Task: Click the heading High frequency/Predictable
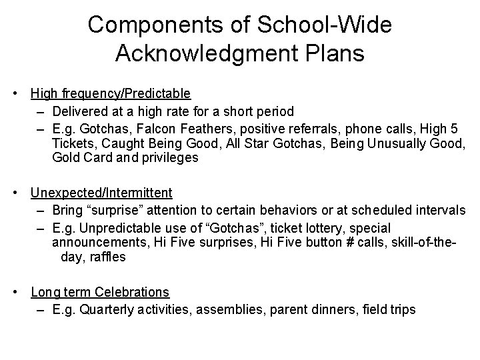(111, 93)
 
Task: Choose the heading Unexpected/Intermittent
(101, 193)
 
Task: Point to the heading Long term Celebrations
(100, 293)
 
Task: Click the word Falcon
(160, 127)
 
